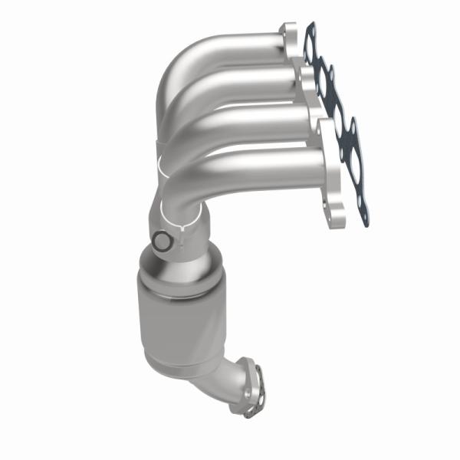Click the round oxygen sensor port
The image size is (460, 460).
[x=161, y=242]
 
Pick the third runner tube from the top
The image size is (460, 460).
[x=253, y=119]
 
